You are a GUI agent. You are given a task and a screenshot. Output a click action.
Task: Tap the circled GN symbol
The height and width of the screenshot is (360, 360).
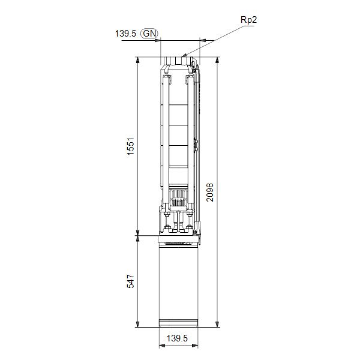[x=149, y=34]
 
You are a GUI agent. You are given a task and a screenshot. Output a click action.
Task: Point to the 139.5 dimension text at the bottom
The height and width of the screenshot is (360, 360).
[x=178, y=339]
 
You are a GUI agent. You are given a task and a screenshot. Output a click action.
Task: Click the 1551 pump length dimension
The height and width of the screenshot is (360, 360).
[x=130, y=146]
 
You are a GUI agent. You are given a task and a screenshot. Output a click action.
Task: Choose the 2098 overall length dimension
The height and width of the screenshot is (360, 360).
[x=209, y=192]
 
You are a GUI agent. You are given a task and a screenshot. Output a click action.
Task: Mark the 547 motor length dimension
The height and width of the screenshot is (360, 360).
[x=130, y=282]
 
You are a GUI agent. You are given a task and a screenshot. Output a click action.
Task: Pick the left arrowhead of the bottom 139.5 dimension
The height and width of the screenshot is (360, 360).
[x=161, y=347]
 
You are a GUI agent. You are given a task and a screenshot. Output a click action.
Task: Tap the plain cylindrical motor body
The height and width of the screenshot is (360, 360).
[x=178, y=282]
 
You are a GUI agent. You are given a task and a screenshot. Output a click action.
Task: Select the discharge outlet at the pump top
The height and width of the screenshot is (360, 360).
[x=178, y=61]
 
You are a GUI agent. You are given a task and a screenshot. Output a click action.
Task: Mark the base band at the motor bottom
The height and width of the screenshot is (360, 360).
[x=178, y=324]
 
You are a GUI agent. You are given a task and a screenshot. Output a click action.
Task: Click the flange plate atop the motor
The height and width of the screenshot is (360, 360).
[x=178, y=239]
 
